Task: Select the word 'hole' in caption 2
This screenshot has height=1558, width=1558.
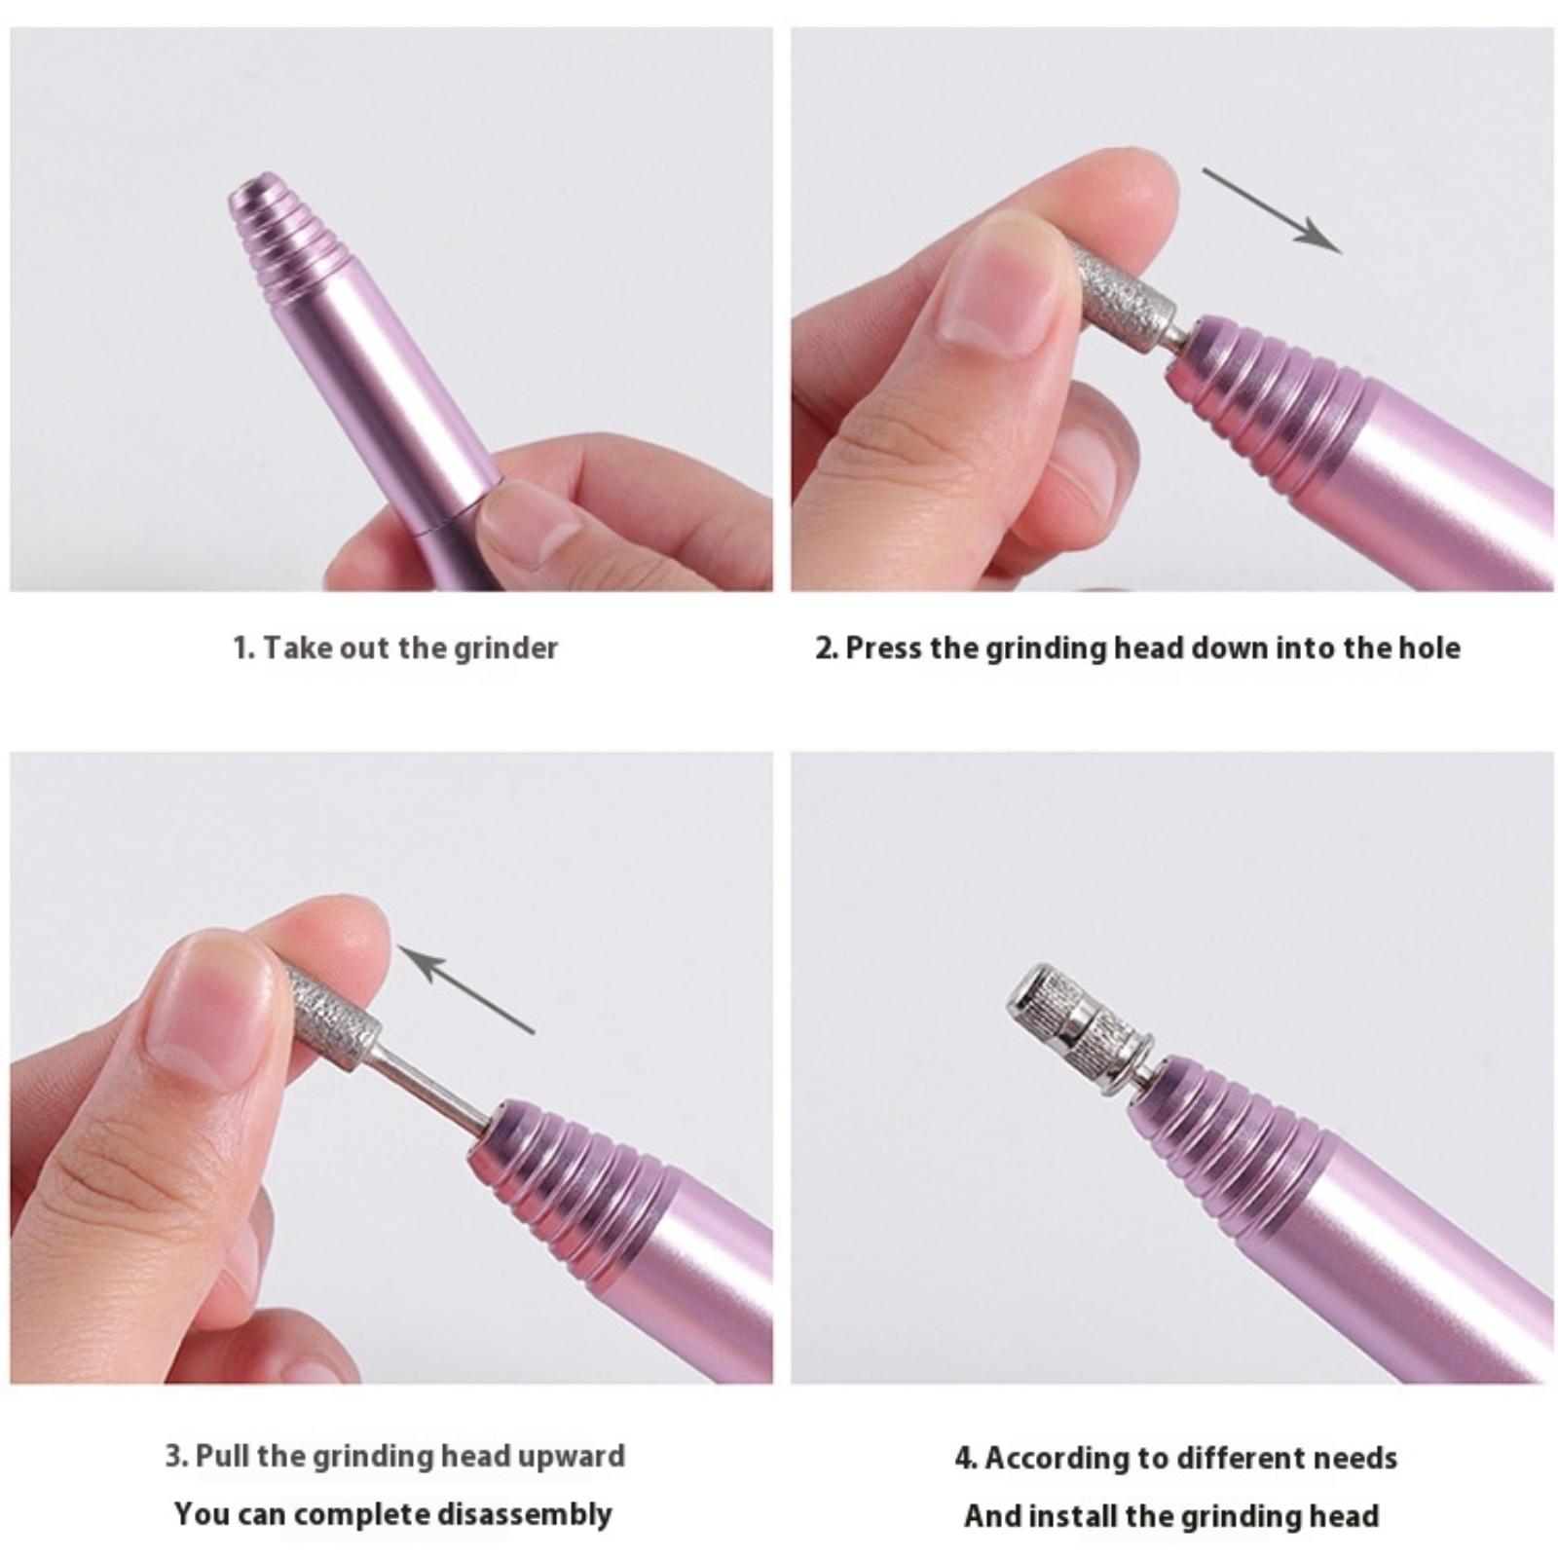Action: coord(1429,649)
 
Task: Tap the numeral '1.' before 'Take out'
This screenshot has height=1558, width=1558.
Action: coord(243,649)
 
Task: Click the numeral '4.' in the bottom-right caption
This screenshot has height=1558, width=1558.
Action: coord(966,1458)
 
